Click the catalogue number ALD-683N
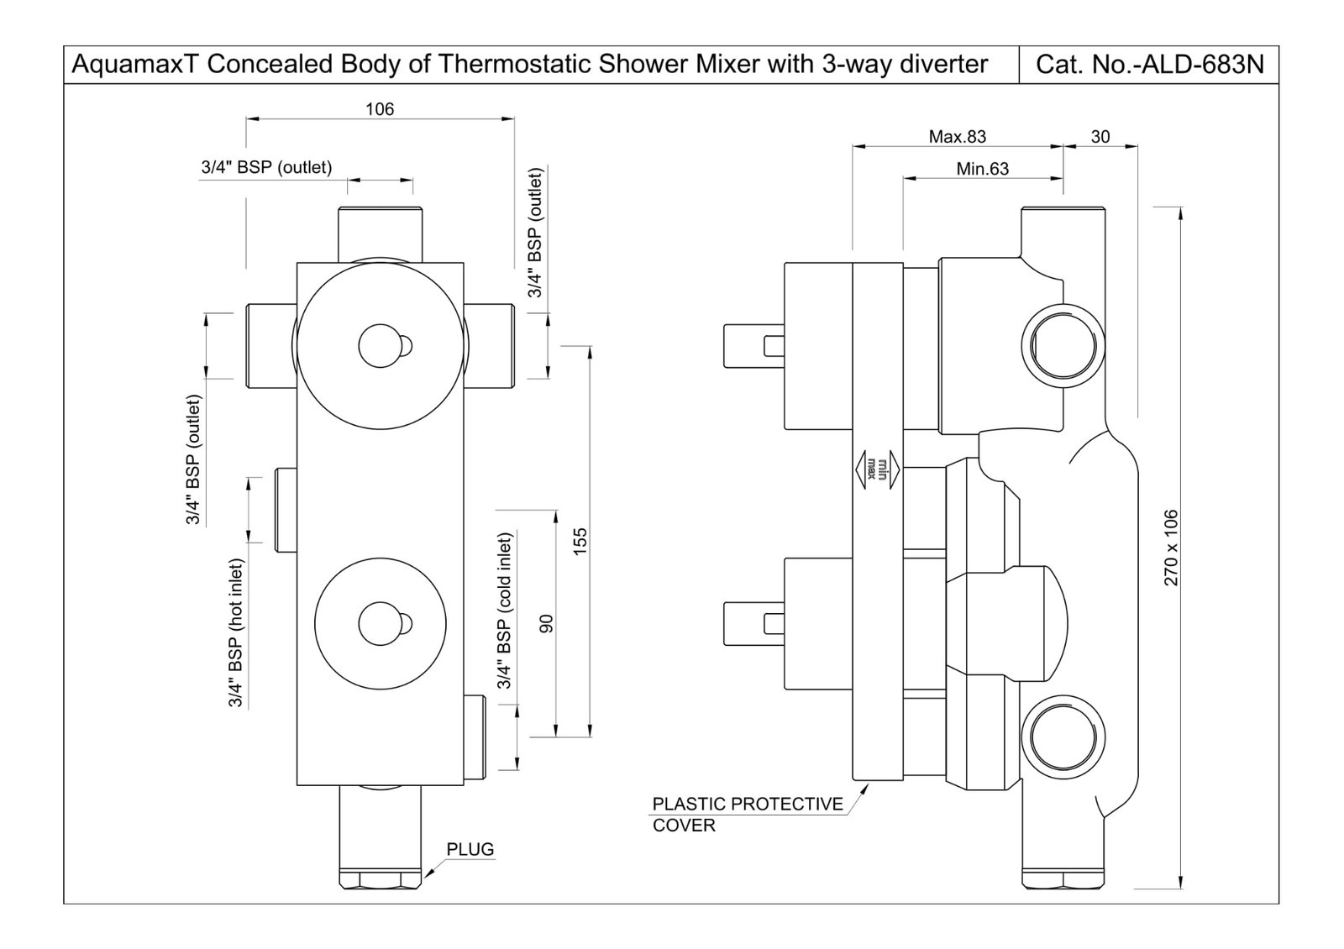(x=1149, y=65)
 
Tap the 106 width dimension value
(x=380, y=109)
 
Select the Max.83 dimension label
(x=957, y=136)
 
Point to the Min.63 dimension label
(x=982, y=169)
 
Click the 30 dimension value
(x=1100, y=136)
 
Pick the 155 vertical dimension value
(x=580, y=540)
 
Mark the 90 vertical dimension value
(x=546, y=624)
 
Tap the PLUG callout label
(x=470, y=849)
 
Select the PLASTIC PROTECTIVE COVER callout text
(x=747, y=814)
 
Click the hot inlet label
(x=236, y=632)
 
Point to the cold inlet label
(x=505, y=611)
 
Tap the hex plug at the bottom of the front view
(x=380, y=880)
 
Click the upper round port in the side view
(x=1063, y=345)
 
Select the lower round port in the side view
(x=1063, y=737)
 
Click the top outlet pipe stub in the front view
(x=380, y=233)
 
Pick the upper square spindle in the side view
(x=753, y=345)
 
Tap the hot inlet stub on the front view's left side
(x=286, y=511)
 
